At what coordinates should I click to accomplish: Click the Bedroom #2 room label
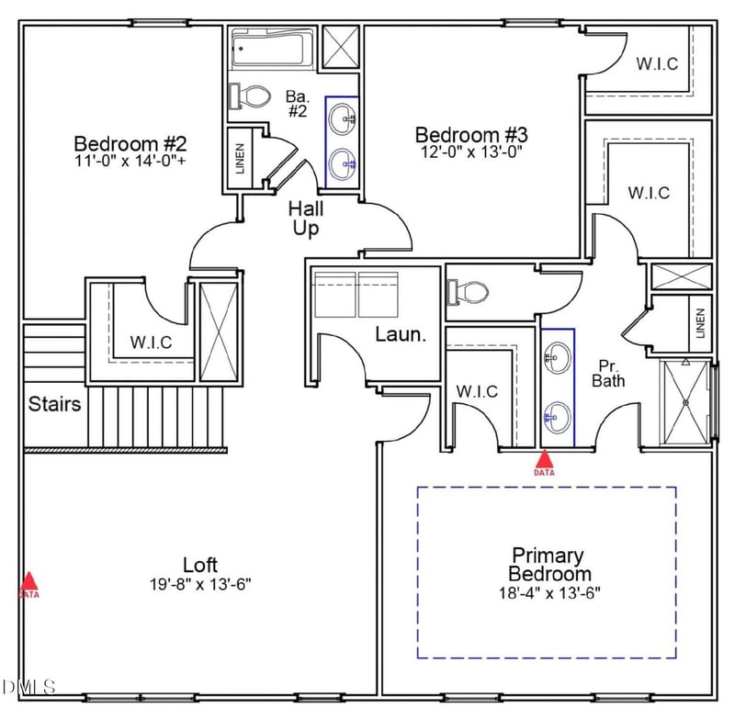(130, 144)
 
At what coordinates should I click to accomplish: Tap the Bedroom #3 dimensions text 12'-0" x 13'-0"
(471, 152)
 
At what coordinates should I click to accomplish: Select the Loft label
(199, 565)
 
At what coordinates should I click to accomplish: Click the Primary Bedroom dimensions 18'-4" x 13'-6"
(548, 591)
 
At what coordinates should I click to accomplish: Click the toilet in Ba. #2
(251, 95)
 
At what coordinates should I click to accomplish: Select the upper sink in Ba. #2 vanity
(343, 117)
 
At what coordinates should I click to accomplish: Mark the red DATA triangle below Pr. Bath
(545, 459)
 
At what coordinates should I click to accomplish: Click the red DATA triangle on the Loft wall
(29, 582)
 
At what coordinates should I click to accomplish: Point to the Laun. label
(401, 334)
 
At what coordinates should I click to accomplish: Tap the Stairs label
(54, 403)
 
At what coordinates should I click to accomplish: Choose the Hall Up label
(306, 219)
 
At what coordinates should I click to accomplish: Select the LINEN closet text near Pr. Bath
(701, 322)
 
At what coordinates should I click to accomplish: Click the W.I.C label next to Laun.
(477, 391)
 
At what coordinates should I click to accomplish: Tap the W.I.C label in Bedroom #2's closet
(150, 342)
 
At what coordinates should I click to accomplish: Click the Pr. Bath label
(609, 372)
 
